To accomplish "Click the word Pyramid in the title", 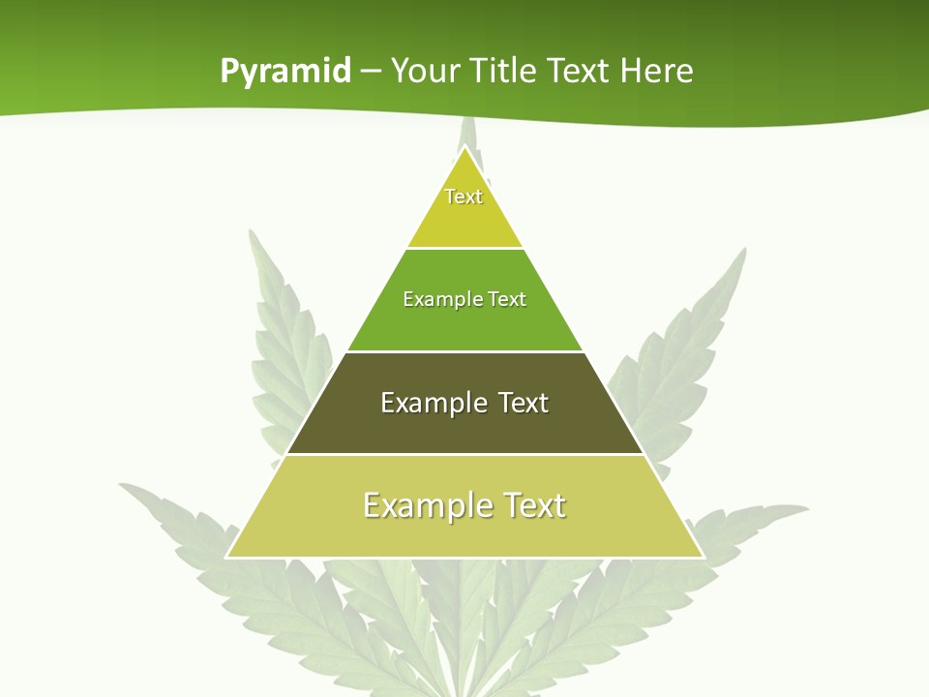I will pos(285,72).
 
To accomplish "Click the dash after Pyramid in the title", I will pos(370,72).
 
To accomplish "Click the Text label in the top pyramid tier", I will pos(464,197).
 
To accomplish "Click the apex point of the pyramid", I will pos(465,147).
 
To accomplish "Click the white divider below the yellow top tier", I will pos(464,249).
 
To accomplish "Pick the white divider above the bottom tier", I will pos(464,454).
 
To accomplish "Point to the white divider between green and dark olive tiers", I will pos(464,351).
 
